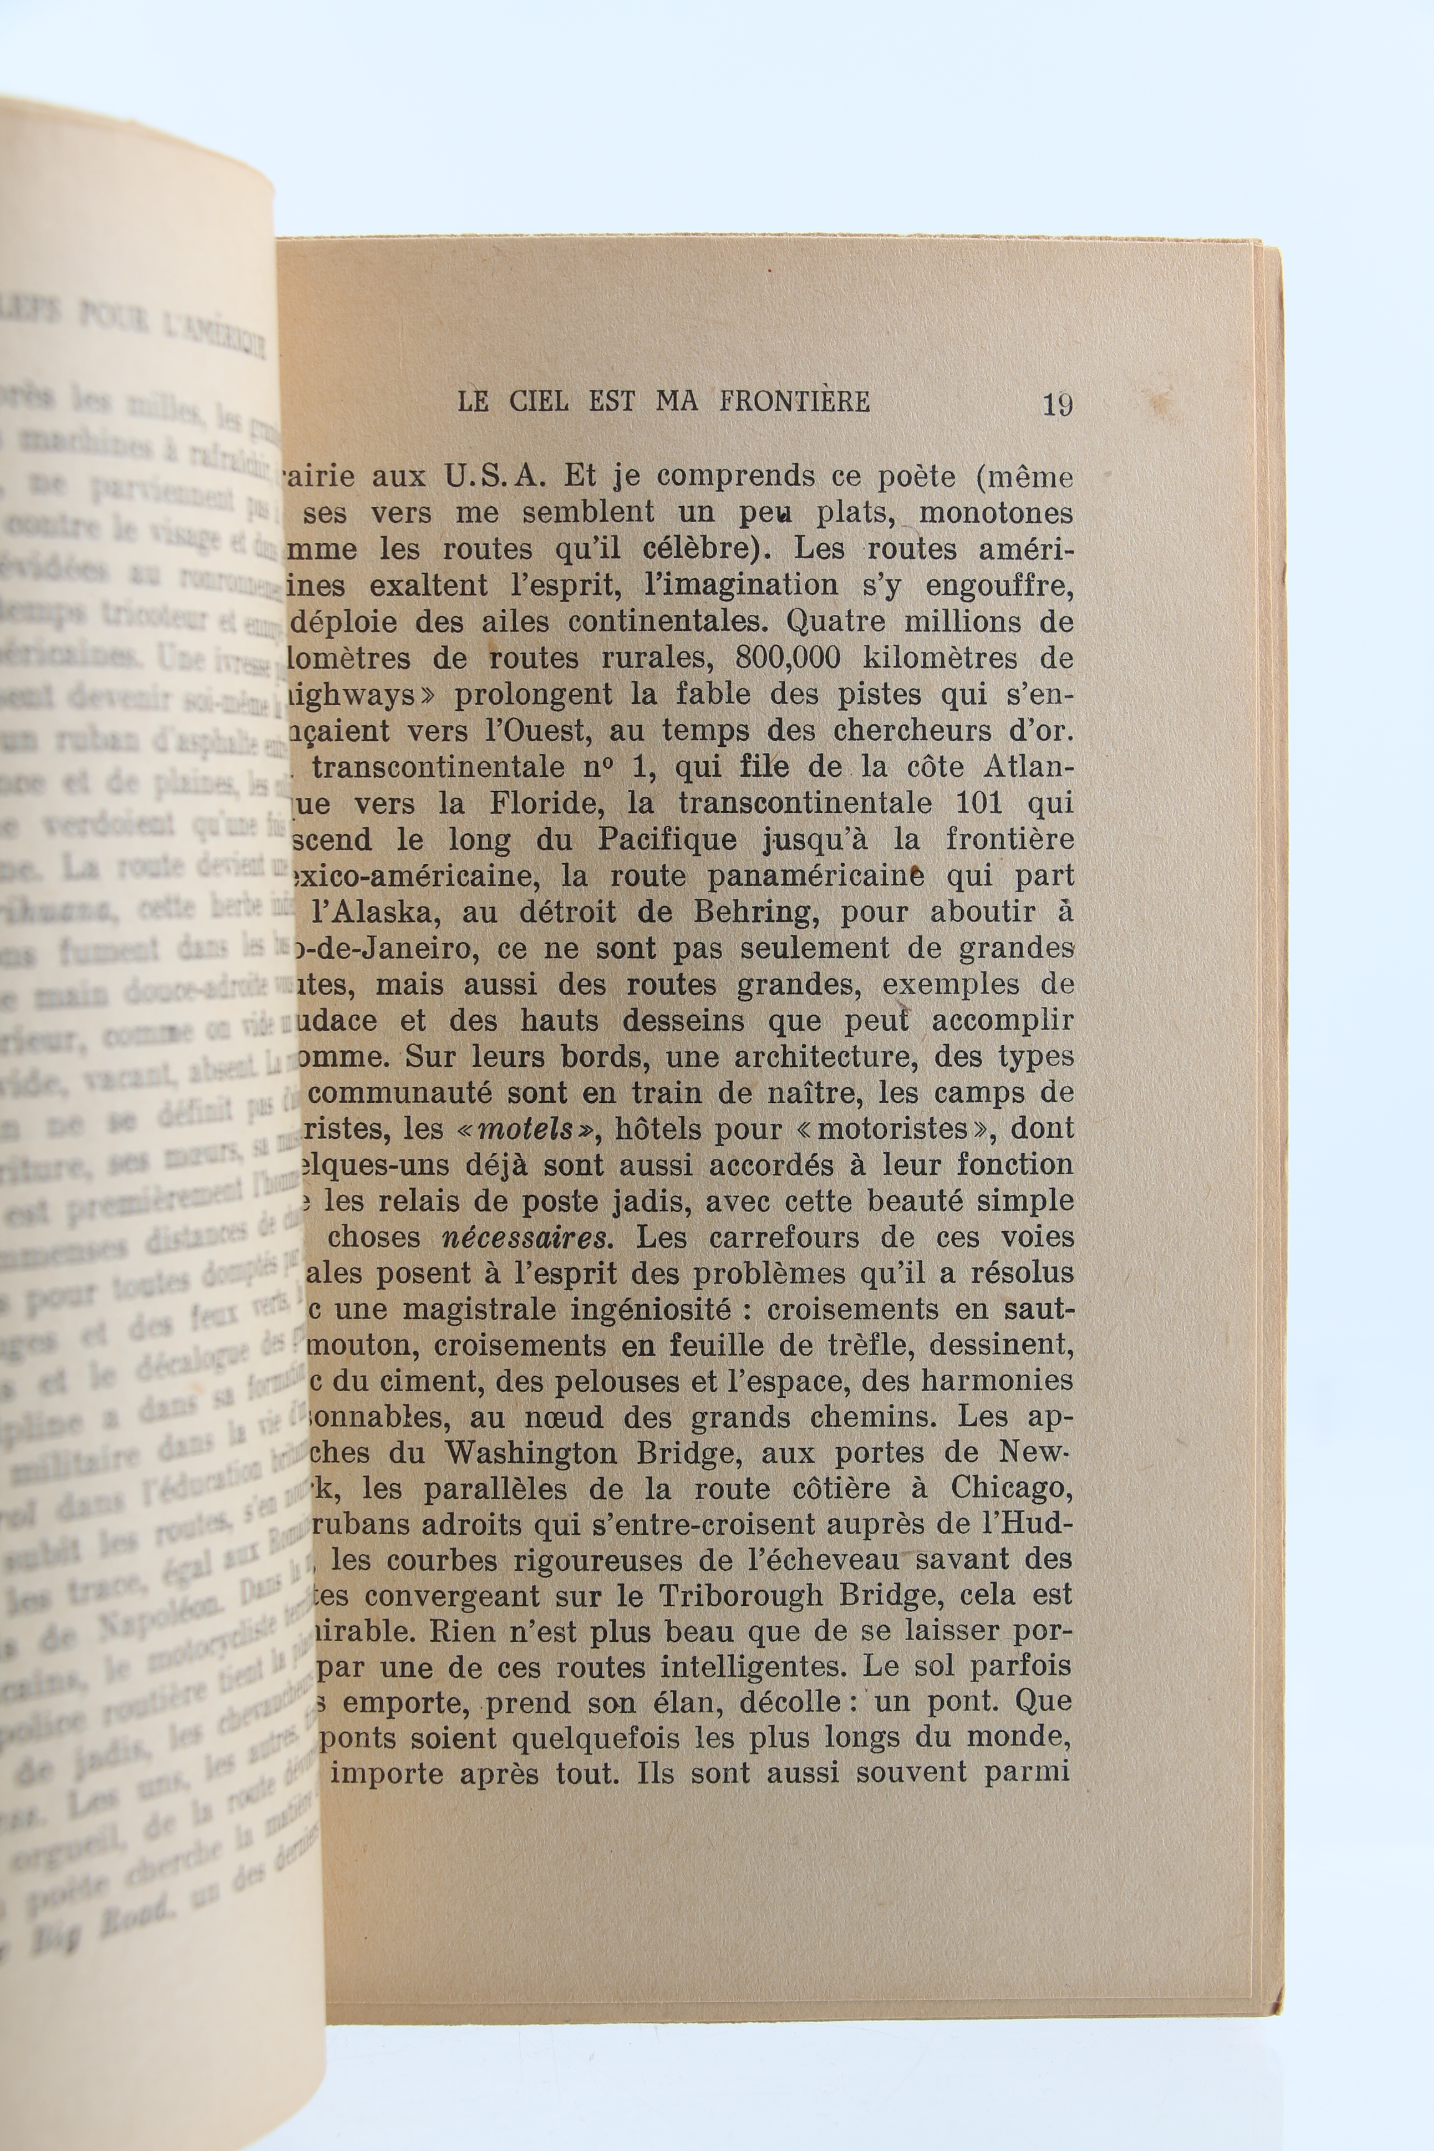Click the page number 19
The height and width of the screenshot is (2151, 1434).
click(x=1057, y=403)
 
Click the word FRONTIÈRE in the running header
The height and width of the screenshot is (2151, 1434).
click(x=794, y=401)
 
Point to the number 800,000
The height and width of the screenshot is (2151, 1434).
click(x=787, y=658)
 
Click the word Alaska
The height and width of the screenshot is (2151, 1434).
click(x=378, y=912)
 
